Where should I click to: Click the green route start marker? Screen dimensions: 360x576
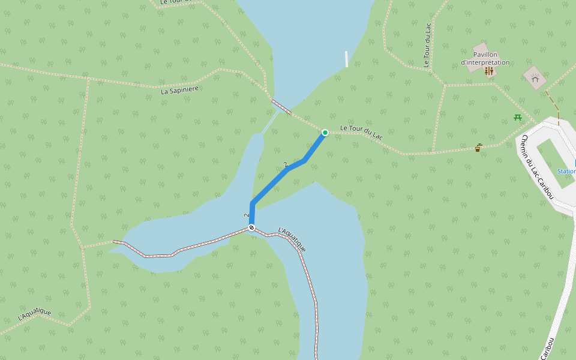(325, 132)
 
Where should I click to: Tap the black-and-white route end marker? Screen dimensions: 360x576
(251, 228)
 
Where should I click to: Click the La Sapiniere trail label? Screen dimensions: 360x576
(179, 89)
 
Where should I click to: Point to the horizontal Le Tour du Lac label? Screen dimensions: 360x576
(361, 132)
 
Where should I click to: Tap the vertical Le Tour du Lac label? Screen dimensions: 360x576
(427, 44)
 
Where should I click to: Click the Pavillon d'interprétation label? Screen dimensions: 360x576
(485, 58)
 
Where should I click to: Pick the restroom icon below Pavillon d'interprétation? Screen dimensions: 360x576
(489, 71)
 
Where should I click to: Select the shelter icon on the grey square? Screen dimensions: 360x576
(535, 77)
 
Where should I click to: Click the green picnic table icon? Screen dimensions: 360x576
(517, 117)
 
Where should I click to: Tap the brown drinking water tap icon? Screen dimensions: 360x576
(478, 147)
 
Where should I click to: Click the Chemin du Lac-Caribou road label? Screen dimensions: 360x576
(537, 167)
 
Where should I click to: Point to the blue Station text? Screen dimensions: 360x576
(566, 171)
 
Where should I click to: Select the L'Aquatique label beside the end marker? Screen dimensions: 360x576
(292, 239)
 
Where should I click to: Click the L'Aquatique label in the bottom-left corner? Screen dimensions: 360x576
(34, 313)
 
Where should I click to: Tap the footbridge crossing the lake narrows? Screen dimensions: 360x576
(281, 107)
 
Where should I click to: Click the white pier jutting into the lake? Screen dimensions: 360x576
(346, 59)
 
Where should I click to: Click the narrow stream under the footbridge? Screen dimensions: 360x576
(269, 123)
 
